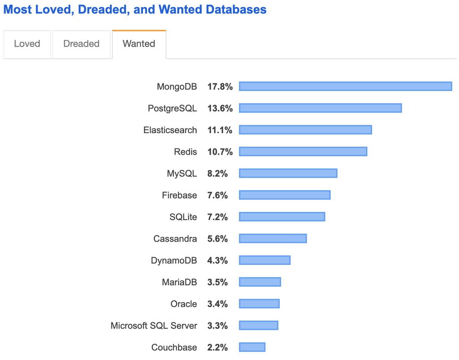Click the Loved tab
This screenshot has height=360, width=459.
pyautogui.click(x=27, y=44)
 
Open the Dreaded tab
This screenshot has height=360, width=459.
pyautogui.click(x=81, y=44)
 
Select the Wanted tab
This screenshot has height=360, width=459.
pyautogui.click(x=139, y=44)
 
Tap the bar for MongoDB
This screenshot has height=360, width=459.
pyautogui.click(x=345, y=87)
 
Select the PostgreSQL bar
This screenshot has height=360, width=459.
pyautogui.click(x=320, y=108)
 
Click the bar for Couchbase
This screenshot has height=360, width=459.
pyautogui.click(x=252, y=347)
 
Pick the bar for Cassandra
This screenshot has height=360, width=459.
pyautogui.click(x=273, y=239)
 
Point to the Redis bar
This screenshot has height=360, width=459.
pyautogui.click(x=303, y=152)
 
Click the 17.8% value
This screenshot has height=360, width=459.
pyautogui.click(x=220, y=87)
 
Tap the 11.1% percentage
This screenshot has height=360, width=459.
pyautogui.click(x=220, y=130)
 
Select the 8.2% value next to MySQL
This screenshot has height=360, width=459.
pyautogui.click(x=217, y=173)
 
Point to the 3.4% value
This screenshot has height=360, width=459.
pyautogui.click(x=217, y=304)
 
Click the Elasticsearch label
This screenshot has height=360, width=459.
pyautogui.click(x=170, y=130)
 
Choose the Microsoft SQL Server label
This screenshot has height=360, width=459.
pyautogui.click(x=154, y=325)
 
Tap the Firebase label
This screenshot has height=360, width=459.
pyautogui.click(x=179, y=195)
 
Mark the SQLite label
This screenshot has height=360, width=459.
pyautogui.click(x=183, y=217)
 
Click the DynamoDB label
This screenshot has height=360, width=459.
pyautogui.click(x=174, y=260)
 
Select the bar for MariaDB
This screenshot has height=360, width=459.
pyautogui.click(x=260, y=282)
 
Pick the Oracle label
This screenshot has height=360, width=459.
pyautogui.click(x=184, y=304)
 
